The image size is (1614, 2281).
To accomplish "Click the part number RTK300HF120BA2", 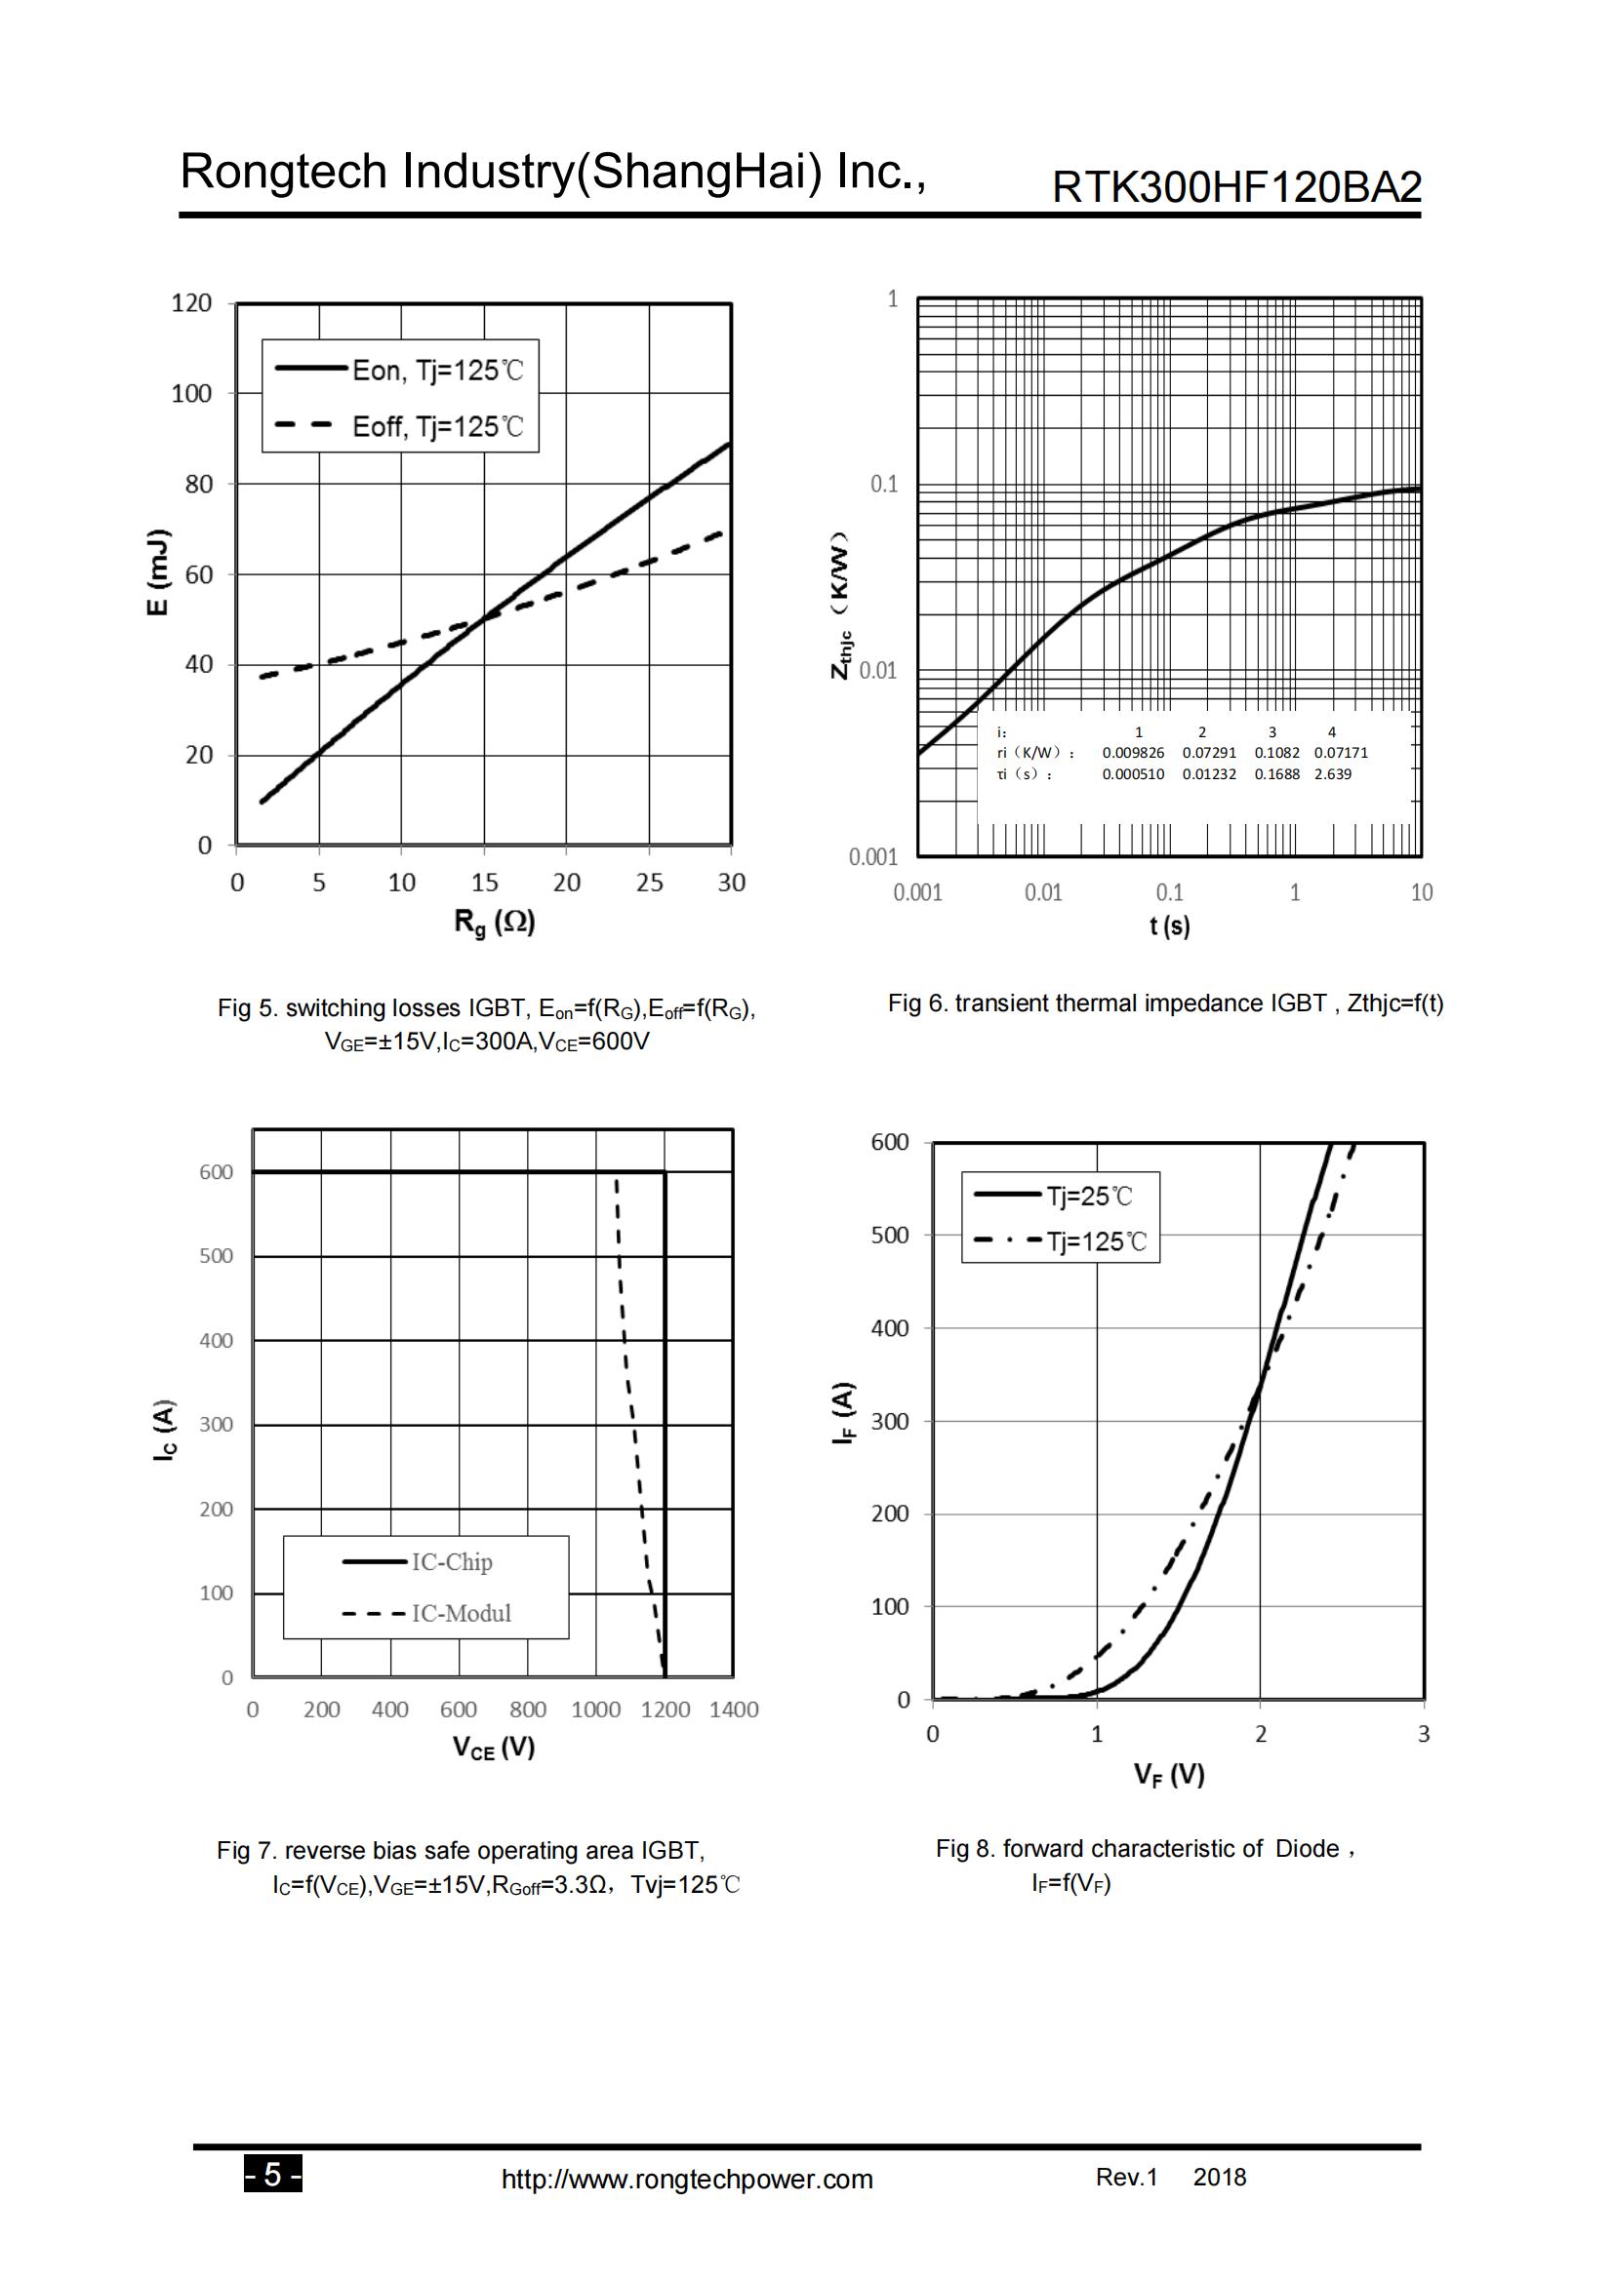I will click(1236, 187).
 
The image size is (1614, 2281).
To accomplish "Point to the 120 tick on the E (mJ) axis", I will click(192, 303).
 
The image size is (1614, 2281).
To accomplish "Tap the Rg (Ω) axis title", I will click(494, 923).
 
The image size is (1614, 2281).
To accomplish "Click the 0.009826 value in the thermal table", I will click(1133, 753).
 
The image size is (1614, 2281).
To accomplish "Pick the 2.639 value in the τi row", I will click(1333, 774).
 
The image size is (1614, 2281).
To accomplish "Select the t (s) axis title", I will click(1170, 925).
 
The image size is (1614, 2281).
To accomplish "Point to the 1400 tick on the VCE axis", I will click(734, 1710).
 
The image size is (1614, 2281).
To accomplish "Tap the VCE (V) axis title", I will click(494, 1748).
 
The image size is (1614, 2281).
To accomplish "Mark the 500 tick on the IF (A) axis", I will click(890, 1235).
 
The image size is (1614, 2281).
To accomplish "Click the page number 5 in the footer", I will click(273, 2177).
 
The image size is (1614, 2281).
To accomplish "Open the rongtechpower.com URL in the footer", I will click(687, 2180).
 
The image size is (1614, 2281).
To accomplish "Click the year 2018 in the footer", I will click(1220, 2177).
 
